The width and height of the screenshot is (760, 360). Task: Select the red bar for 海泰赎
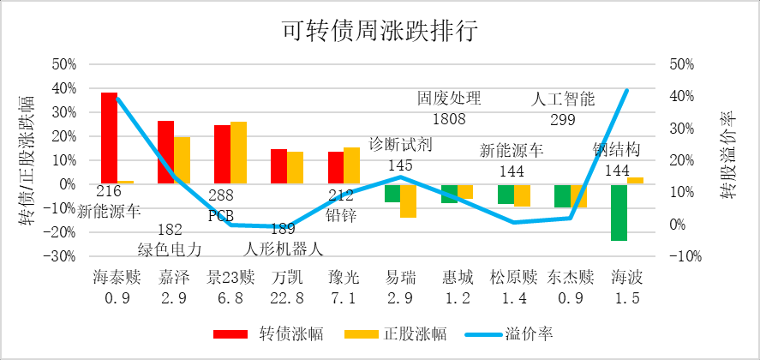coord(109,138)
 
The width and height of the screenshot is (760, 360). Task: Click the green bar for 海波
coord(619,212)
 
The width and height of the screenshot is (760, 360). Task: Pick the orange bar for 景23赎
coord(238,153)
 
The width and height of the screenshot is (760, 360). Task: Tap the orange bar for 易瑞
coord(408,201)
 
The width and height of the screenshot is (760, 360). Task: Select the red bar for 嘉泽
coord(165,153)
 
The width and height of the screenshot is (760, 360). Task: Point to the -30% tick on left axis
coord(63,255)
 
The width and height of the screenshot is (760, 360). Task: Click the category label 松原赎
coord(513,277)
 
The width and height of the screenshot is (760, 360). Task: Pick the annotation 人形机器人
coord(279,249)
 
